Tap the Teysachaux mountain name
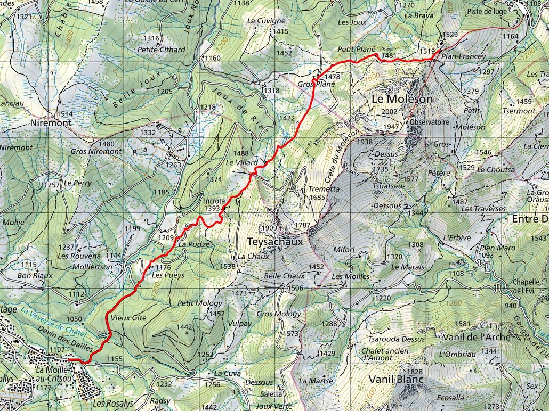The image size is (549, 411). pos(275,241)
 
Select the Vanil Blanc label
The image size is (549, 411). pos(395,379)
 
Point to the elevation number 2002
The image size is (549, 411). pos(390,111)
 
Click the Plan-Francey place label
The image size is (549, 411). pos(463,56)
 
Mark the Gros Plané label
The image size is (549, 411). pos(316,84)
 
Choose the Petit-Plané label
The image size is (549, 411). pos(357,49)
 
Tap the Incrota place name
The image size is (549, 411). pos(214,201)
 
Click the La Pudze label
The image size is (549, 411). pos(190,244)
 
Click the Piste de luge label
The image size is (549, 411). pos(486,11)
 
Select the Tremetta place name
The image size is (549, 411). pos(324,189)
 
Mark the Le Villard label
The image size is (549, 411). pos(241,162)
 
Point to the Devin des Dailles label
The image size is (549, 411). pos(66,338)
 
